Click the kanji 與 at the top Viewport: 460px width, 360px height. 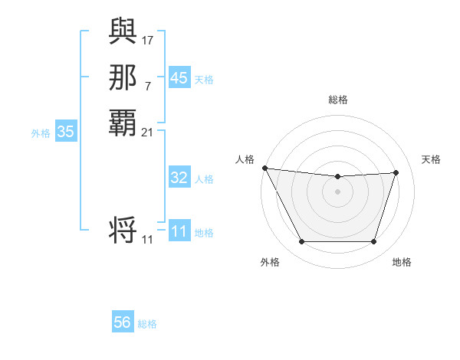click(123, 33)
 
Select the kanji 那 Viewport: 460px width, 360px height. click(123, 78)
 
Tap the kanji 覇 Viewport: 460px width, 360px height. click(123, 123)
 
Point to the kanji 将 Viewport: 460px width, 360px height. click(123, 231)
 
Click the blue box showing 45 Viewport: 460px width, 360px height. click(179, 78)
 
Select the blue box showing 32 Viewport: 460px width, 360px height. click(179, 178)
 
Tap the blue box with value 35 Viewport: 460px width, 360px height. click(66, 132)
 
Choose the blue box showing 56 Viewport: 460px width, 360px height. click(123, 322)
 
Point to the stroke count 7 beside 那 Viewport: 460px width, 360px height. click(147, 86)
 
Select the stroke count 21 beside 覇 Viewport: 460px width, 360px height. click(148, 132)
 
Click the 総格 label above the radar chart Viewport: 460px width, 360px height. click(338, 100)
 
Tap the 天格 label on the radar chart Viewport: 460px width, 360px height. click(432, 159)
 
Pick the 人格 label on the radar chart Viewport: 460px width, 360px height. click(245, 159)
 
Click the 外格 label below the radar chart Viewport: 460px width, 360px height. click(270, 262)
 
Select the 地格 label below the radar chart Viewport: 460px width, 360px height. click(402, 262)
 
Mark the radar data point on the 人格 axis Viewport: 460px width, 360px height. click(264, 168)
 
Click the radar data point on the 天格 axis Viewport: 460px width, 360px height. click(396, 173)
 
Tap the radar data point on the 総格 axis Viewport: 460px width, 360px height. click(338, 177)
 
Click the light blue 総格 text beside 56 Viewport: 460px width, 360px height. click(147, 324)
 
